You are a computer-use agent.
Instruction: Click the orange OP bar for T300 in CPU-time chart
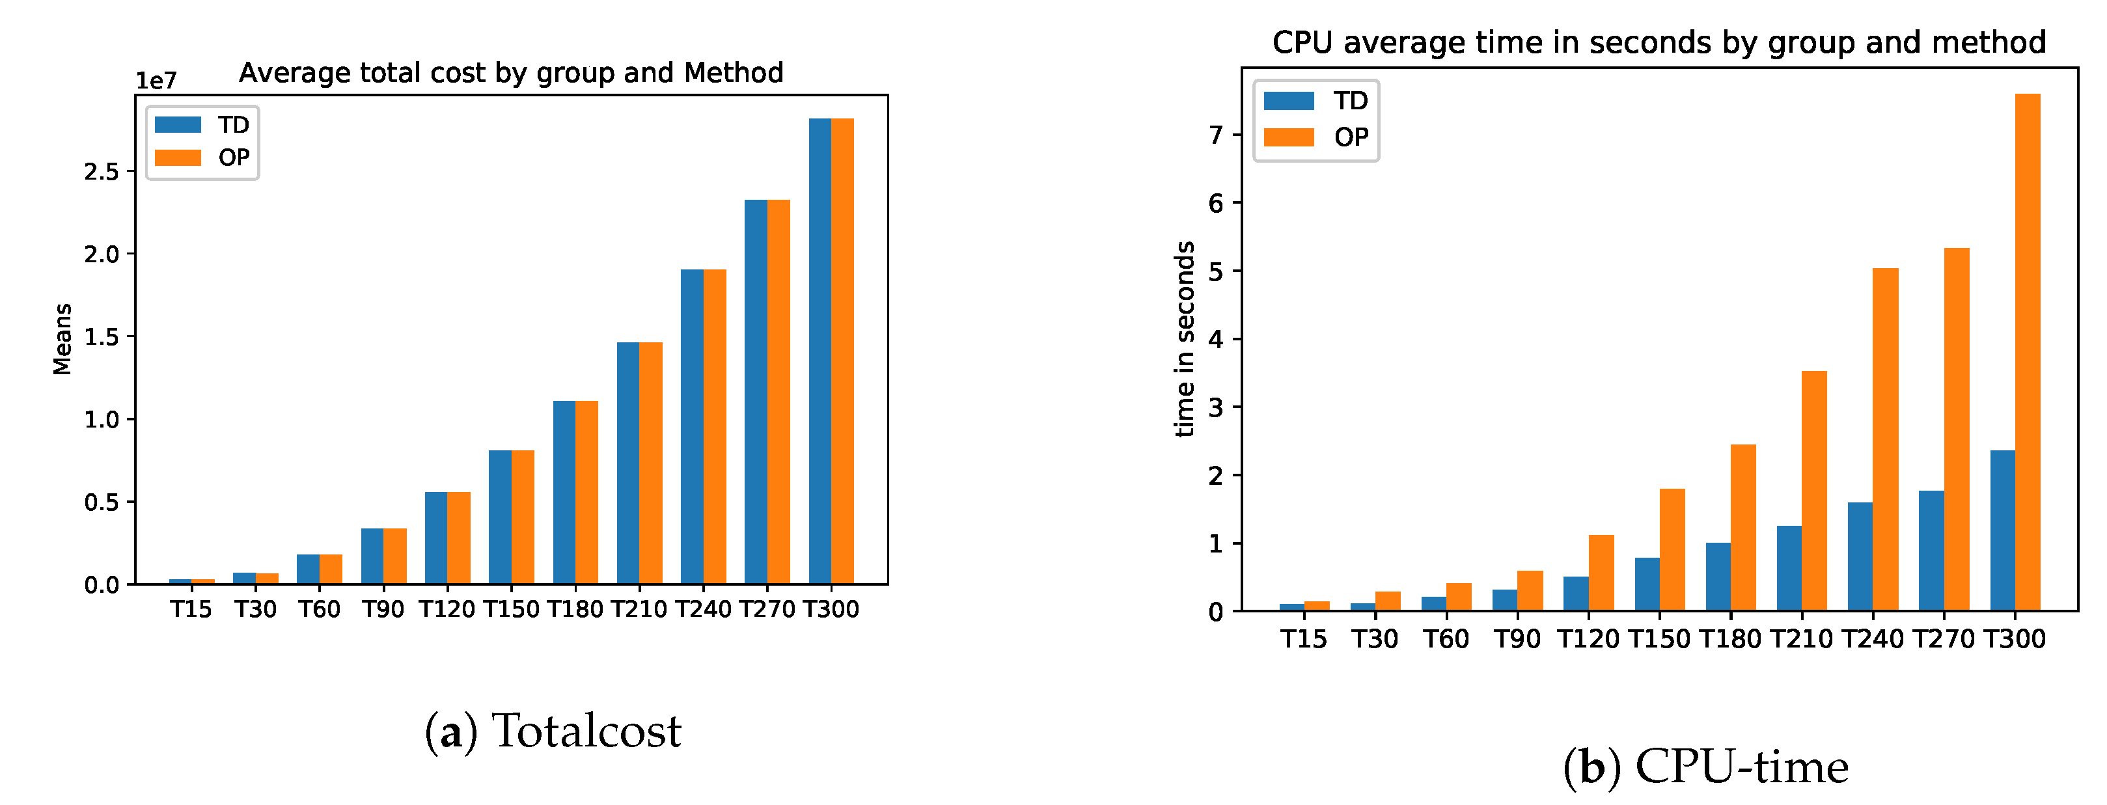click(2027, 352)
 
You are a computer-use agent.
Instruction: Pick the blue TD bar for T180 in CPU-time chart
click(1718, 576)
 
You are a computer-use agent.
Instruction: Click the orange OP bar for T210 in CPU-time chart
click(1813, 491)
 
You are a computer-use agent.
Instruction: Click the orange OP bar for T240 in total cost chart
click(714, 426)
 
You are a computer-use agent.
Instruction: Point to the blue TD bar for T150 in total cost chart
click(500, 516)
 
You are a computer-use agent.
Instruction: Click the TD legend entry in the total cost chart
click(202, 124)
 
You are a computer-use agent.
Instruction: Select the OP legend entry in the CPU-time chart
click(1315, 137)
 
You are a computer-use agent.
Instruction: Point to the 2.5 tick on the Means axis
click(102, 172)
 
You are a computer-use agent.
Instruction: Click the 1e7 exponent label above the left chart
click(156, 80)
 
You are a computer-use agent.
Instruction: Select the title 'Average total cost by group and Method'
click(510, 73)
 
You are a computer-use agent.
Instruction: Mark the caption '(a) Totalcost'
click(552, 731)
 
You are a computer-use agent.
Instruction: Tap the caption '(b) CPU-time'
click(1705, 767)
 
